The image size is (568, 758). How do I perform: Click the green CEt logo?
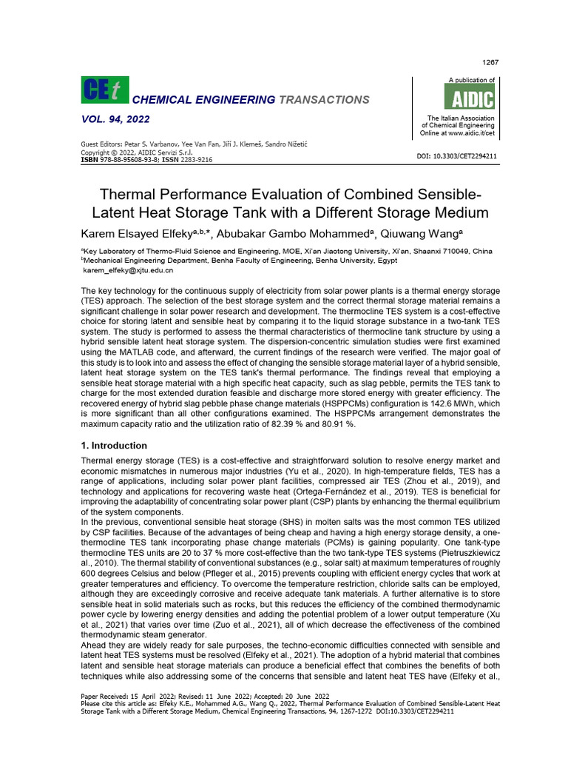[x=104, y=90]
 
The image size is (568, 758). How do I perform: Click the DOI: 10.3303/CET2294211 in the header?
[x=459, y=156]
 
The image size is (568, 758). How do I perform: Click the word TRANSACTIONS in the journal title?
[x=324, y=99]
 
